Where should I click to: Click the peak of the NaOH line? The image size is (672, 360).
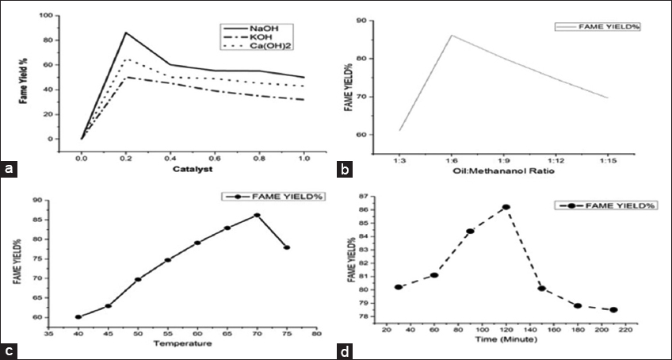pos(126,33)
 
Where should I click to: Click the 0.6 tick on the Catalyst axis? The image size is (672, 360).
pos(216,158)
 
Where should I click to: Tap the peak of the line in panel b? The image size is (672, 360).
pos(452,35)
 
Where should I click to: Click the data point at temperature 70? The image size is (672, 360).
pos(257,215)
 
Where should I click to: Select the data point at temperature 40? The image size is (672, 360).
pos(78,317)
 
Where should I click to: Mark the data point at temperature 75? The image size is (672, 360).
pos(286,247)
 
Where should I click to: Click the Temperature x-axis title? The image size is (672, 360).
pos(182,343)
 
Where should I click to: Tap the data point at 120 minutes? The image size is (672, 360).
pos(506,207)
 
